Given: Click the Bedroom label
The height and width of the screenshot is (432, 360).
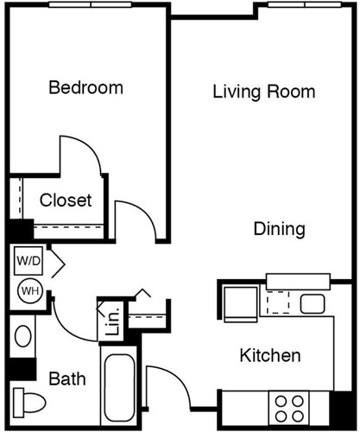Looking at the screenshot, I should click(x=85, y=87).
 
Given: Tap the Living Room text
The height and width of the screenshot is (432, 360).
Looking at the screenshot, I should click(x=263, y=92).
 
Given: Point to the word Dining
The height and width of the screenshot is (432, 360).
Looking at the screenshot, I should click(x=279, y=229).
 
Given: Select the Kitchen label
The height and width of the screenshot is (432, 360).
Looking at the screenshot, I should click(x=269, y=355).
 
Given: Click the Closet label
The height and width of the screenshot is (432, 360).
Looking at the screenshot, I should click(x=66, y=200).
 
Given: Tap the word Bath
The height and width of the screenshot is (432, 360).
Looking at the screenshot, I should click(x=66, y=378).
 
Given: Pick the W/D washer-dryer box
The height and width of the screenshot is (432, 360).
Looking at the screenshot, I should click(x=28, y=259).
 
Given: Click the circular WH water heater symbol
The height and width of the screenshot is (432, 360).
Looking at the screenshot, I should click(x=28, y=289).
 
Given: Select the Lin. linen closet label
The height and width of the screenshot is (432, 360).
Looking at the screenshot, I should click(x=110, y=321).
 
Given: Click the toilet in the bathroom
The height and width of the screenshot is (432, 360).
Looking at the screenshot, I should click(x=29, y=403).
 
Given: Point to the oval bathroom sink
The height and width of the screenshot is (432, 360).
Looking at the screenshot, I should click(x=23, y=336).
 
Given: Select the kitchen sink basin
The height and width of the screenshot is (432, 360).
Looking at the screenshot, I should click(x=311, y=303).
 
